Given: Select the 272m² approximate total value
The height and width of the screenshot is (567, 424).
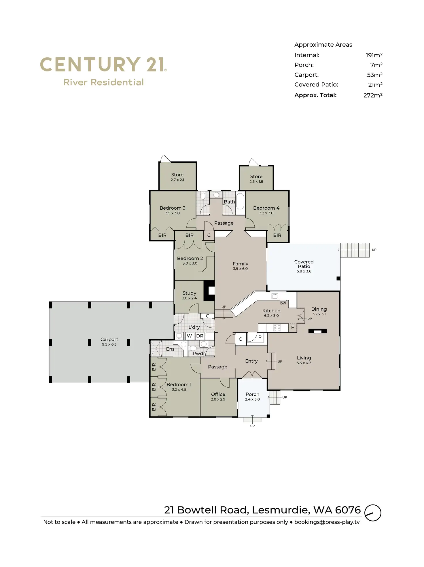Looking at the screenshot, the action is [x=373, y=95].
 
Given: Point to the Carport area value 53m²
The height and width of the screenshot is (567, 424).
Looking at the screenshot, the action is [x=374, y=75].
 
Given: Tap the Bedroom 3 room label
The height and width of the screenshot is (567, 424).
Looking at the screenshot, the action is [x=173, y=208].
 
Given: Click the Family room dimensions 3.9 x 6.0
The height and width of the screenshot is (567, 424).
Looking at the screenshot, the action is [x=240, y=269].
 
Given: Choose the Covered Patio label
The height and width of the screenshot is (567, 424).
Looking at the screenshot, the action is [x=304, y=264].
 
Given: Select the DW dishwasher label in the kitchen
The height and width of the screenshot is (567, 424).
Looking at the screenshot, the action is [x=283, y=303].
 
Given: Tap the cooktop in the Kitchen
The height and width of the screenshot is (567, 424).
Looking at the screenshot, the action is [x=277, y=327].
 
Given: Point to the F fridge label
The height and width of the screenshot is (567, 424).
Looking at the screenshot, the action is [x=292, y=327].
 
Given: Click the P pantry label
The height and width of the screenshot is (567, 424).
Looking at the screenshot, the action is [x=260, y=337].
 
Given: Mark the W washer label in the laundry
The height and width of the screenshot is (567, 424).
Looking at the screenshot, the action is [x=189, y=336].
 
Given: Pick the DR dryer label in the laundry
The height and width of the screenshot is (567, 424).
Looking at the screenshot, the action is [x=200, y=336].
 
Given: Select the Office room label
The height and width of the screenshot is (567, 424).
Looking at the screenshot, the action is [x=218, y=394].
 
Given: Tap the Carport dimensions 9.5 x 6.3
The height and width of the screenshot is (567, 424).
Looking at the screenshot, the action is [x=109, y=344].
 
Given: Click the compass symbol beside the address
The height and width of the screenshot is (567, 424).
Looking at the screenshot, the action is [x=373, y=513].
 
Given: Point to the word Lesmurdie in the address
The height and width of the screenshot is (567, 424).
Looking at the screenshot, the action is [x=281, y=510].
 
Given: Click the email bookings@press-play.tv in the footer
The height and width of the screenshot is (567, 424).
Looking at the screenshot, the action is [x=327, y=522].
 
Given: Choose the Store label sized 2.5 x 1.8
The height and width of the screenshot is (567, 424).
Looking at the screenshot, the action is [x=256, y=177].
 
